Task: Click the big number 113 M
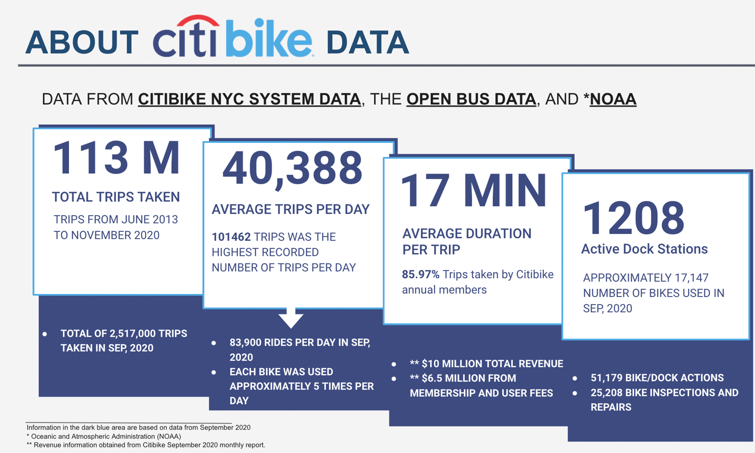116,158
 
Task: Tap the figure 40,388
293,168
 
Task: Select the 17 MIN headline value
473,191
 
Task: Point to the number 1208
633,218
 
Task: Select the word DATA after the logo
367,42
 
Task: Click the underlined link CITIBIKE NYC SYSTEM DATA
249,99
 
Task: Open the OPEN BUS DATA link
471,99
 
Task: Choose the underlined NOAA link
613,99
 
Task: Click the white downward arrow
291,318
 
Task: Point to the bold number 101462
231,237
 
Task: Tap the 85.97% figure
420,274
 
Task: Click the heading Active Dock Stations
644,249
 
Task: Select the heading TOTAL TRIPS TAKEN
116,197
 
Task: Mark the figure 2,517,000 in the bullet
132,334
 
